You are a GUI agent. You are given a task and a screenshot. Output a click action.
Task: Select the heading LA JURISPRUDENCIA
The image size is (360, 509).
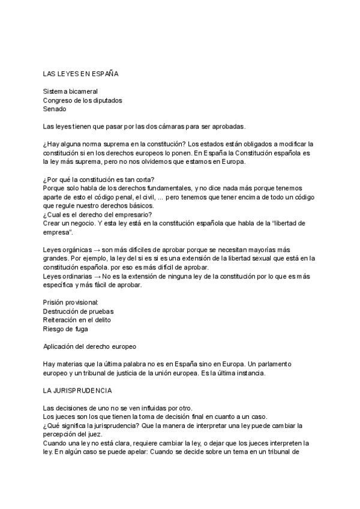(77, 390)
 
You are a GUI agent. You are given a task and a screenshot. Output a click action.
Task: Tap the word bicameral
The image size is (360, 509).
(82, 91)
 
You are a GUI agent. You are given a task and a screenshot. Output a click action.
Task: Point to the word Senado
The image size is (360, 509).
(55, 109)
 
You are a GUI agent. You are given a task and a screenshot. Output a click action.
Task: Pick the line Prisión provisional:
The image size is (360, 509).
(71, 302)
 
